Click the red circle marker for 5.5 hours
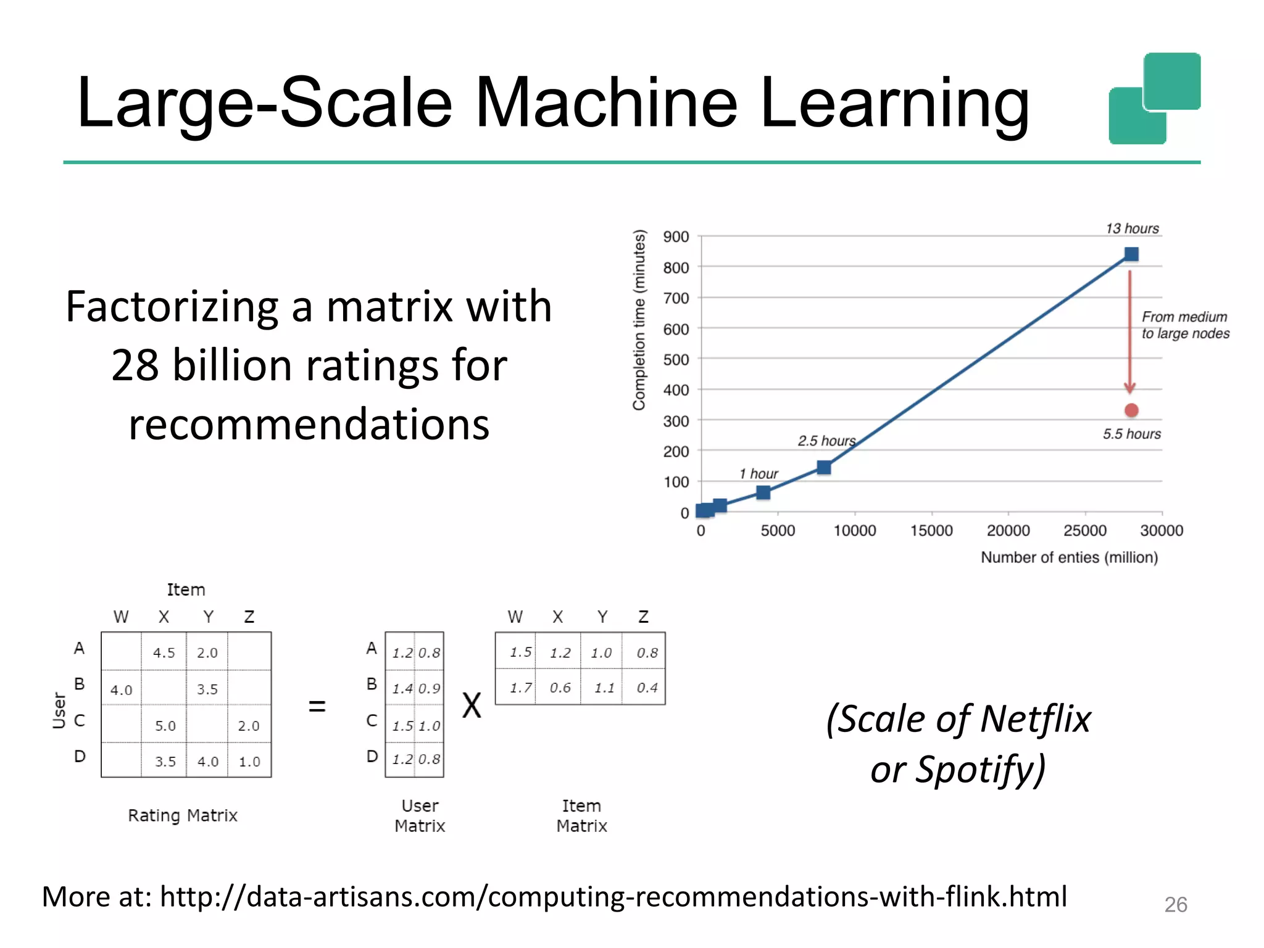(1131, 410)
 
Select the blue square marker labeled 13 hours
(1131, 254)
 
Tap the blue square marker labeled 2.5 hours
(824, 467)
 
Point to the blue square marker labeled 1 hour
(763, 493)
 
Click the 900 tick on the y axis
(676, 237)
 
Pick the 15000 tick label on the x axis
(931, 531)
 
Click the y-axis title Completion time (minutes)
(639, 320)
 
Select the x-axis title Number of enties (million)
(1069, 557)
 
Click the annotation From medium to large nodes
(1185, 325)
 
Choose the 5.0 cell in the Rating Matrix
(165, 726)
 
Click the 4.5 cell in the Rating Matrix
(164, 653)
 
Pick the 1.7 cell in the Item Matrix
(520, 688)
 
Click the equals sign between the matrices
(317, 706)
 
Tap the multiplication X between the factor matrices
(472, 705)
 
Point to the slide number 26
(1175, 905)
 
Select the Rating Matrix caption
(183, 816)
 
